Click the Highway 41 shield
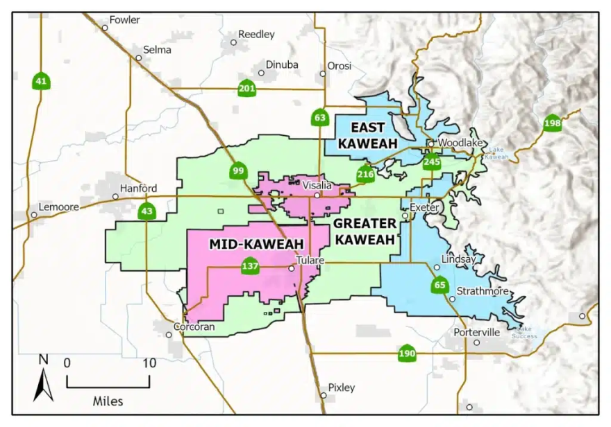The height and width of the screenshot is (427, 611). (x=42, y=81)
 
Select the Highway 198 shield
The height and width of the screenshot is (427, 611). (x=552, y=123)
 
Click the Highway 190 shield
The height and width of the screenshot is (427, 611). (x=408, y=354)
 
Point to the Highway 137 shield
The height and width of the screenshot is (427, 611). (x=250, y=266)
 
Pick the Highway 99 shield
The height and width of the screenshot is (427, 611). (x=238, y=171)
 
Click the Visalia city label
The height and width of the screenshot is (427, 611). (x=317, y=184)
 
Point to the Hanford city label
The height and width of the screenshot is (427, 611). (x=138, y=188)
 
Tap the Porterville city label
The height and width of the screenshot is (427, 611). (x=476, y=332)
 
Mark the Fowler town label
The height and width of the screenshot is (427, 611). (x=124, y=19)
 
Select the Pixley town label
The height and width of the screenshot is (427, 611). (x=341, y=387)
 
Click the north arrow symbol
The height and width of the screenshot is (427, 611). (x=43, y=380)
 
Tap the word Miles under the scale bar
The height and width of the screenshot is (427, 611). (x=108, y=401)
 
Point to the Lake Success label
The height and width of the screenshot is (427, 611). (x=524, y=333)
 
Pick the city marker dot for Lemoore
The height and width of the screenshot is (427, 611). (x=33, y=215)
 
